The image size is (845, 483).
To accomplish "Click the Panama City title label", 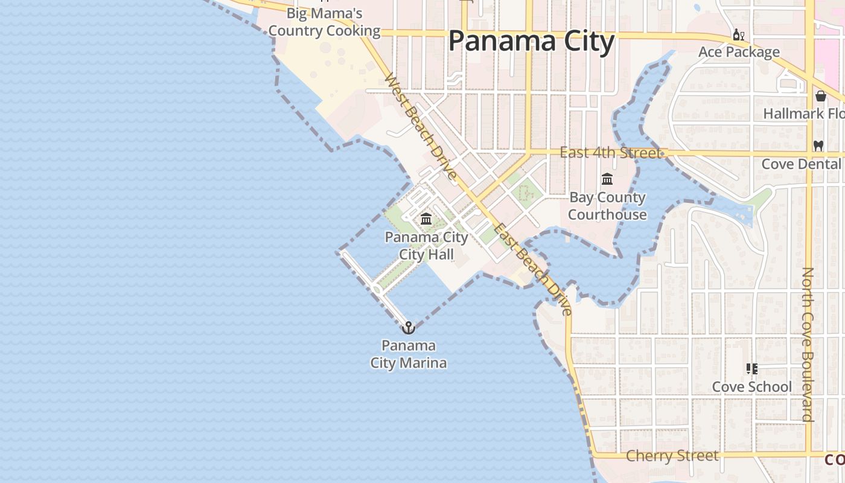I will pyautogui.click(x=531, y=42).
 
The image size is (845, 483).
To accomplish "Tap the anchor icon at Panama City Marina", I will pyautogui.click(x=409, y=327).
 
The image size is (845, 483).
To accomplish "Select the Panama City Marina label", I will pyautogui.click(x=409, y=354).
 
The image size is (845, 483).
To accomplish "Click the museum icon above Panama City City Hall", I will pyautogui.click(x=426, y=219).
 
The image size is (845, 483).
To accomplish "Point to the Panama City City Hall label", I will pyautogui.click(x=426, y=246).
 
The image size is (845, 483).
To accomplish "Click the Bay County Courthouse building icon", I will pyautogui.click(x=607, y=179).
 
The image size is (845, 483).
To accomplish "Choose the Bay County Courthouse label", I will pyautogui.click(x=607, y=206).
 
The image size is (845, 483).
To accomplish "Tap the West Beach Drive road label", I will pyautogui.click(x=420, y=127).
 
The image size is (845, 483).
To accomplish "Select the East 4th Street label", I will pyautogui.click(x=610, y=153).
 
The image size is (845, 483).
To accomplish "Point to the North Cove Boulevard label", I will pyautogui.click(x=808, y=344).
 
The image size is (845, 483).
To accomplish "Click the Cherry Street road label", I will pyautogui.click(x=672, y=456).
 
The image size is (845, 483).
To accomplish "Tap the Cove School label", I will pyautogui.click(x=751, y=386).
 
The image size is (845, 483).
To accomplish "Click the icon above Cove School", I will pyautogui.click(x=751, y=368).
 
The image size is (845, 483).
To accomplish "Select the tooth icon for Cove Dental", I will pyautogui.click(x=818, y=146).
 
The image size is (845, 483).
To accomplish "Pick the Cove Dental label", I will pyautogui.click(x=801, y=164).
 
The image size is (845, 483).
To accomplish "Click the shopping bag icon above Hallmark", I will pyautogui.click(x=821, y=96).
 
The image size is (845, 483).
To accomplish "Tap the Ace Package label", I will pyautogui.click(x=739, y=52).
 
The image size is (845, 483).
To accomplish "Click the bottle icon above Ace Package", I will pyautogui.click(x=738, y=35).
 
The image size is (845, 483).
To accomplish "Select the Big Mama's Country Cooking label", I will pyautogui.click(x=324, y=22).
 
